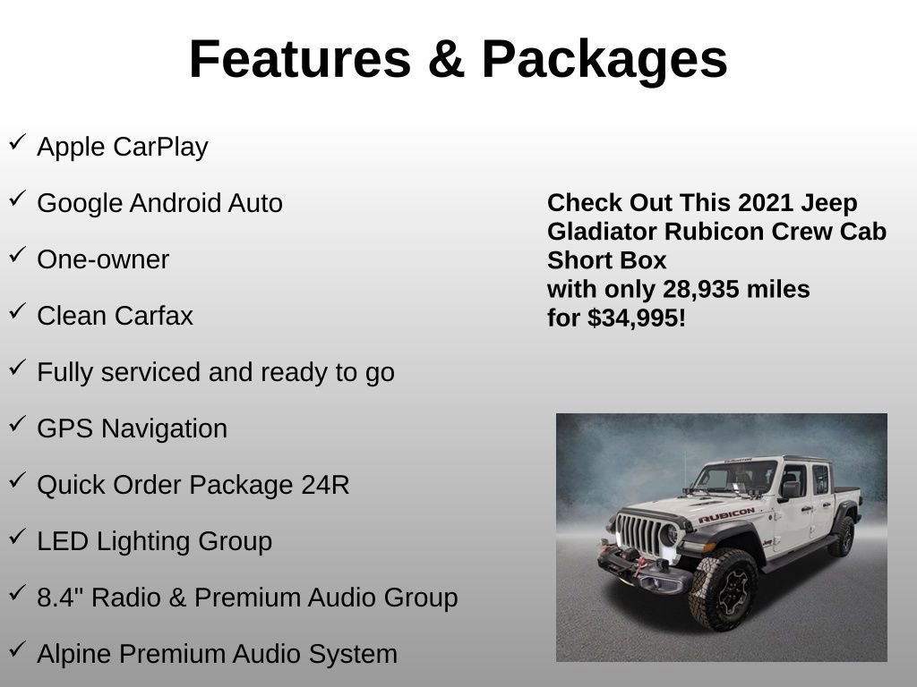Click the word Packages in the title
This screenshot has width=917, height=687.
click(x=604, y=59)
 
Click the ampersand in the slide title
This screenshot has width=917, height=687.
click(x=445, y=59)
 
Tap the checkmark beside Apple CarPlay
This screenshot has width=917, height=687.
click(x=17, y=143)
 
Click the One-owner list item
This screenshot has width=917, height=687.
click(x=103, y=260)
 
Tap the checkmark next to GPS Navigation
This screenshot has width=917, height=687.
click(x=17, y=425)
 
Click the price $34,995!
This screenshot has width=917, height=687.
click(x=637, y=318)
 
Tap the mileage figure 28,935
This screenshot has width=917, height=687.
click(x=700, y=290)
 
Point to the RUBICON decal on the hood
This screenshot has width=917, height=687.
click(x=725, y=516)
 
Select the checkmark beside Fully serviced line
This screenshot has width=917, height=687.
click(x=17, y=369)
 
